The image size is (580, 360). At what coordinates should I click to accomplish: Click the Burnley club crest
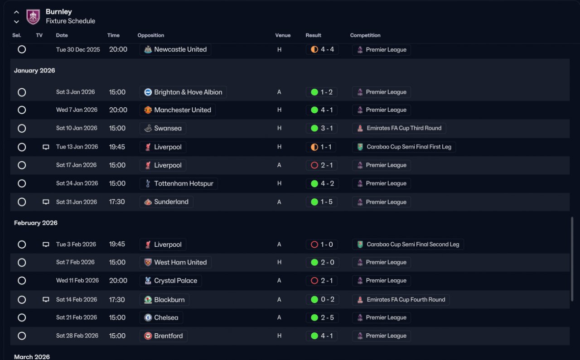33,17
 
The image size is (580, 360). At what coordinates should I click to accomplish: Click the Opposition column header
151,35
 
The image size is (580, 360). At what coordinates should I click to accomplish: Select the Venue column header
283,35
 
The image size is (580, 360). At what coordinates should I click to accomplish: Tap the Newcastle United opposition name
180,49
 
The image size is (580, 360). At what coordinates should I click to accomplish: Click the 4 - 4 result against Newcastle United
327,49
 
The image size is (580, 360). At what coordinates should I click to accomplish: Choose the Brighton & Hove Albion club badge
148,92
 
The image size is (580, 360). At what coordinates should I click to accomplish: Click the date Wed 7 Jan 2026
77,110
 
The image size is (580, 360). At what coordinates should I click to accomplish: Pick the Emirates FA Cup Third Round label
404,128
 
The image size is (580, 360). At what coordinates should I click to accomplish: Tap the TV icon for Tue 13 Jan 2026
46,147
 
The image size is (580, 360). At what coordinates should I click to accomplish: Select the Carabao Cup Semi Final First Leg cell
404,147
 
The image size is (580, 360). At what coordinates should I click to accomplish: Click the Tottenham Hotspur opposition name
184,183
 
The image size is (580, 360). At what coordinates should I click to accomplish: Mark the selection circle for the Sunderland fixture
22,202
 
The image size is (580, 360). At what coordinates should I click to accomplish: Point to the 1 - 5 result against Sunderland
327,202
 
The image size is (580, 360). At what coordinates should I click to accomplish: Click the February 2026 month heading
36,223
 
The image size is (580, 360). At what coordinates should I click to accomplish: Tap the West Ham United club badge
148,263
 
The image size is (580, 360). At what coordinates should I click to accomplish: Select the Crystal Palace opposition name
175,281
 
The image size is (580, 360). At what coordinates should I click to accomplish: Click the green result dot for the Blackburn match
314,299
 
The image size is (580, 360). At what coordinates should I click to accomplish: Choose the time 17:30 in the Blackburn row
117,299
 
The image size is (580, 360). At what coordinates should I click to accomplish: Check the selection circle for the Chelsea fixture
22,317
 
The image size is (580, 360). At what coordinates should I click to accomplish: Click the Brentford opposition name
168,336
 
